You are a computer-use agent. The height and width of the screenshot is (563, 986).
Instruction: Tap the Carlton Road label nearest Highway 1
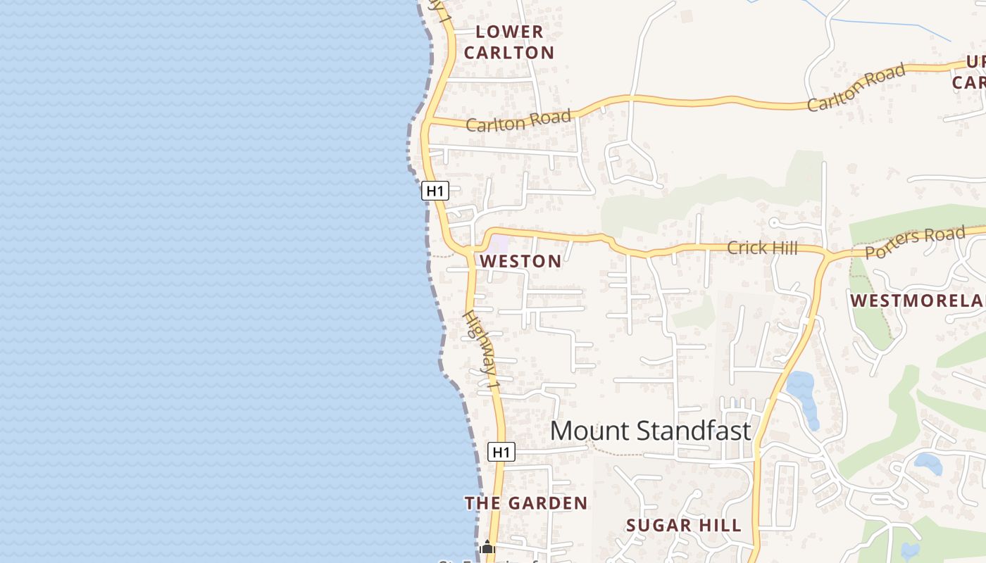518,121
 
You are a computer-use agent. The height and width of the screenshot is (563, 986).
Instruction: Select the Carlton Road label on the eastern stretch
856,88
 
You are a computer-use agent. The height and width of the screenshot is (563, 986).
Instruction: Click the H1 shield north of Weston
435,190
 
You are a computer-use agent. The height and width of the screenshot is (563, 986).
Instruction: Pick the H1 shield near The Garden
501,452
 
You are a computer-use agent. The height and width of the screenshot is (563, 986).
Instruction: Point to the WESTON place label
520,262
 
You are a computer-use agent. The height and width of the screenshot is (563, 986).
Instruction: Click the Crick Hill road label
762,248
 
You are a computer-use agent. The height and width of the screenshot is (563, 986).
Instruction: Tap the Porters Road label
914,242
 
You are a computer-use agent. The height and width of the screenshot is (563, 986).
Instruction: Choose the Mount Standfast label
650,431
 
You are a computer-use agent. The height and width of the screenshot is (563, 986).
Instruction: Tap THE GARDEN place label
525,503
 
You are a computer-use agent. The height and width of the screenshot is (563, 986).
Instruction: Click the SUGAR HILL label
683,526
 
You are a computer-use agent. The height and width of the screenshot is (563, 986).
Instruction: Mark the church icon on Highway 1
487,547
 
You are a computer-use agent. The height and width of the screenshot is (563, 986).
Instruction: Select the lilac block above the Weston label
499,244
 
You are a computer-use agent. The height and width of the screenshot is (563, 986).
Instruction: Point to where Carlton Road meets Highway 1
428,122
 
